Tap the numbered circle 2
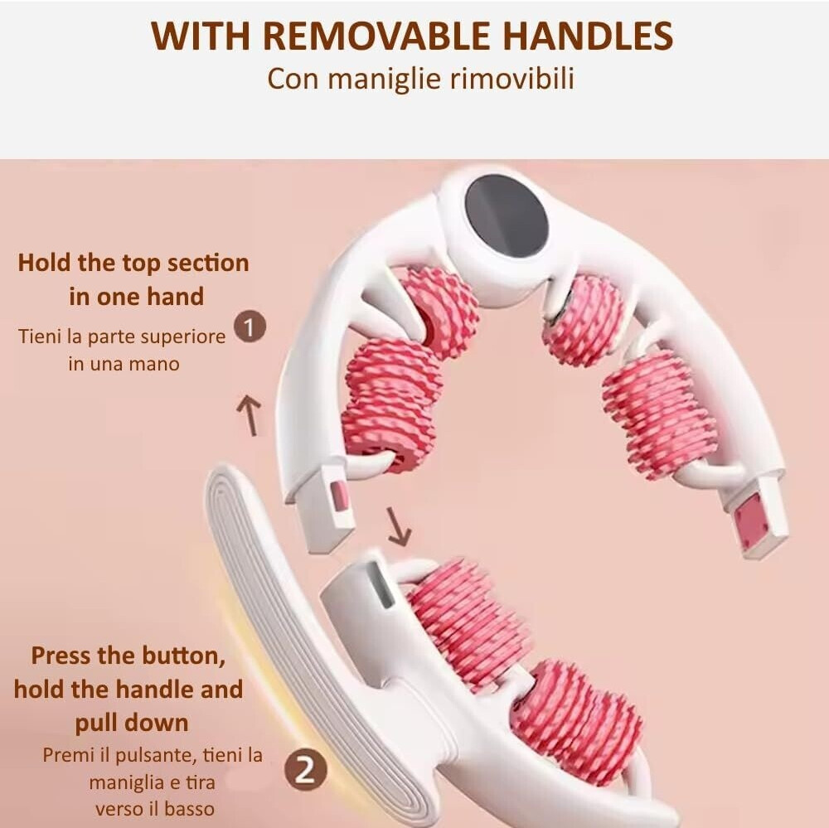[305, 770]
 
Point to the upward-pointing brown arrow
[249, 415]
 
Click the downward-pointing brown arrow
[398, 526]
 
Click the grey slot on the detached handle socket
[381, 584]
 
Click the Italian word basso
[189, 809]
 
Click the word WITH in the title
[201, 36]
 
